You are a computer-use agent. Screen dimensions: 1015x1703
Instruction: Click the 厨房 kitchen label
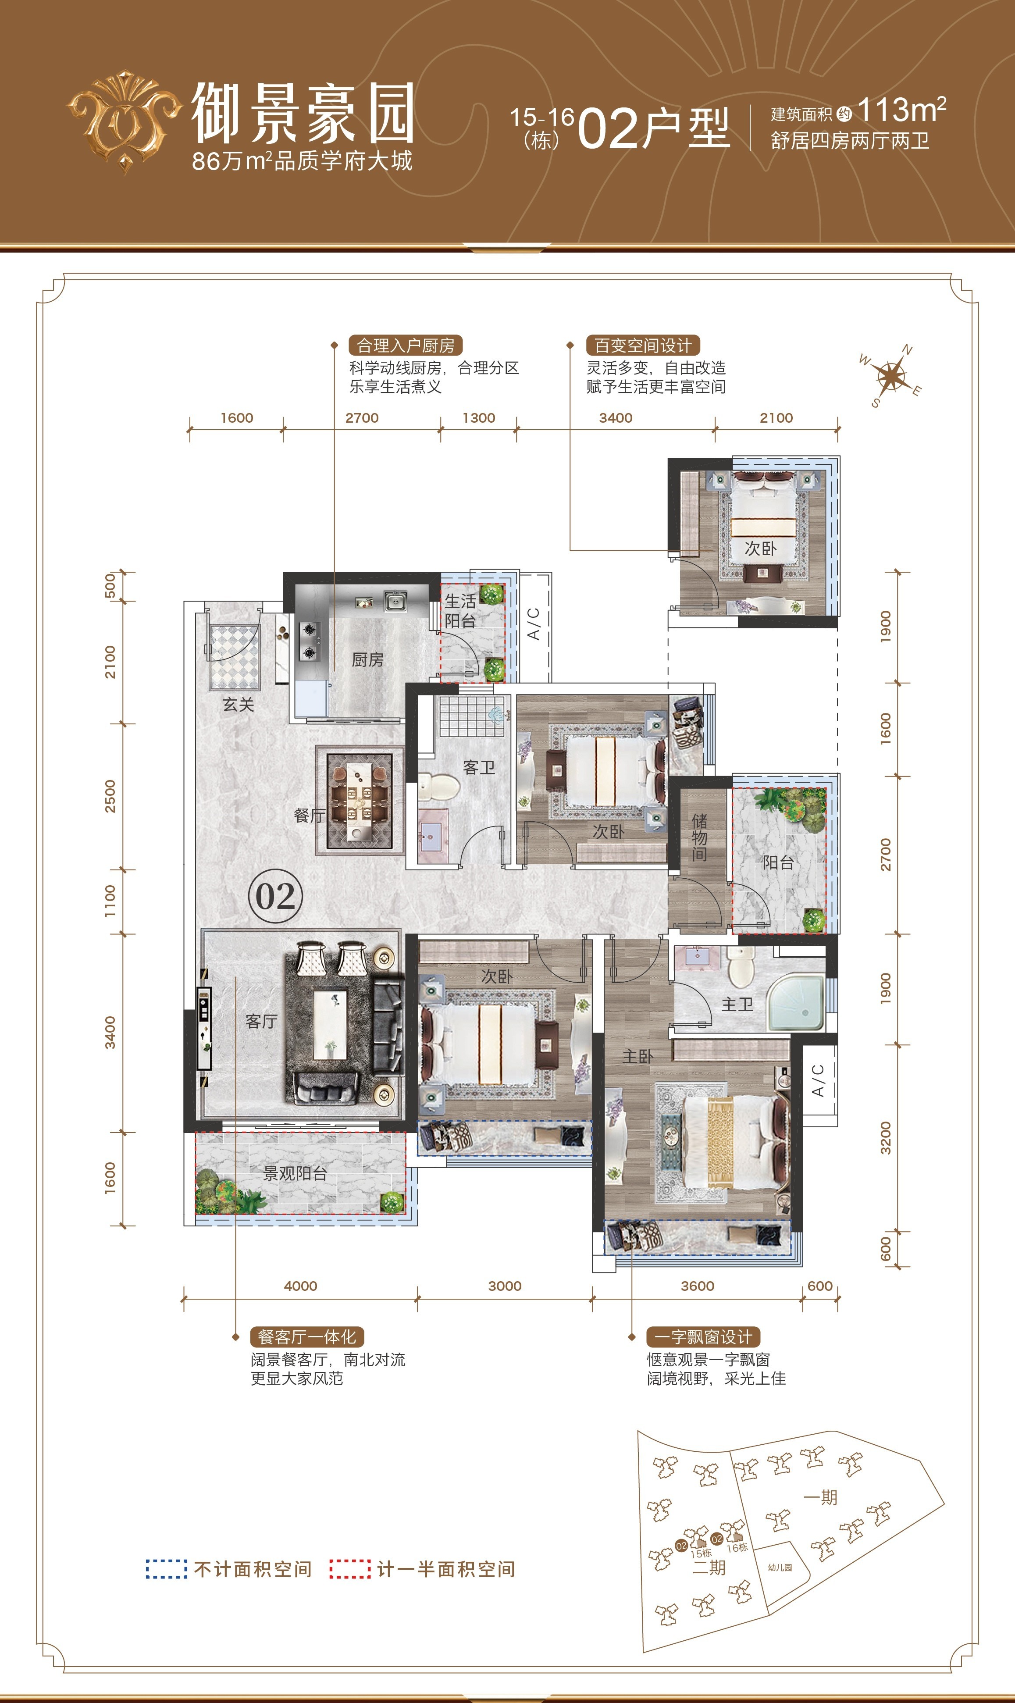367,660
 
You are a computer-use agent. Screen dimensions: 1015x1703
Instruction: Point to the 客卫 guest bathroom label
479,767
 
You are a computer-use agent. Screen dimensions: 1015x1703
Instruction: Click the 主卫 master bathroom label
737,1004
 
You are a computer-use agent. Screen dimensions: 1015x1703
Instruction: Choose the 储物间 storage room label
699,837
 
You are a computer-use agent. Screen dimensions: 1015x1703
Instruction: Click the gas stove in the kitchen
310,641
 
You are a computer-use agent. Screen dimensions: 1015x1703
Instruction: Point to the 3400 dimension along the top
616,418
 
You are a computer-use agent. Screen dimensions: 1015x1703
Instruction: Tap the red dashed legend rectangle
350,1568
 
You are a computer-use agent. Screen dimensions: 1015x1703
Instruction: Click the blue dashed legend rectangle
166,1568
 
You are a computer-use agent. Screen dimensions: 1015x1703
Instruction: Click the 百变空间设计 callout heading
643,346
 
